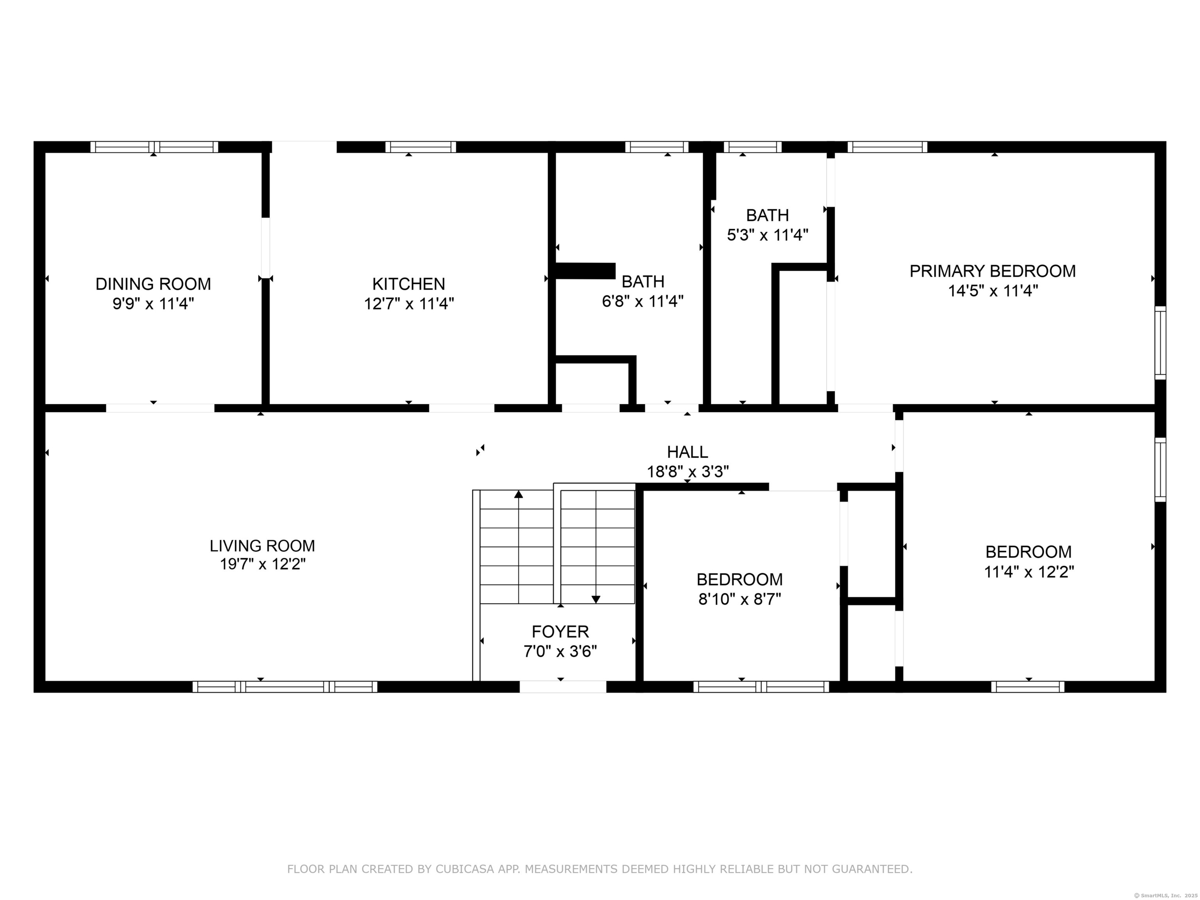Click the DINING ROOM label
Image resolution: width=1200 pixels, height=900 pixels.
pos(153,284)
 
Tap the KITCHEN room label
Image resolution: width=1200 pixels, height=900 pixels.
pos(409,284)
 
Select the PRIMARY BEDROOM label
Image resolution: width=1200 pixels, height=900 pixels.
pos(993,271)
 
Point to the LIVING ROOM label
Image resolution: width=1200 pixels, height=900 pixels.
pos(262,545)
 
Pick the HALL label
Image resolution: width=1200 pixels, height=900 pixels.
pos(687,452)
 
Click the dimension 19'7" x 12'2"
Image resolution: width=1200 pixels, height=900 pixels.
pos(262,564)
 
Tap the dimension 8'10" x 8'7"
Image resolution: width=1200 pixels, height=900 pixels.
pos(740,599)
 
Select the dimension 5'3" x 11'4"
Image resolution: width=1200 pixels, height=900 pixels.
pos(768,235)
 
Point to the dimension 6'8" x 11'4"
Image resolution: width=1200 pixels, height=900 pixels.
pos(643,301)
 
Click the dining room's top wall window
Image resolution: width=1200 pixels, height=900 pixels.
pos(154,146)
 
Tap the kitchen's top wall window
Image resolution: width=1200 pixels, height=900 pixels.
pos(420,146)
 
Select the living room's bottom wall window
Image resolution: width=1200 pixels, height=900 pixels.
pos(285,687)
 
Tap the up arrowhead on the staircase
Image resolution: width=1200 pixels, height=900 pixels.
pos(519,494)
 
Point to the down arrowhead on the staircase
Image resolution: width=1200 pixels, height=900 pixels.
pos(596,600)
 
